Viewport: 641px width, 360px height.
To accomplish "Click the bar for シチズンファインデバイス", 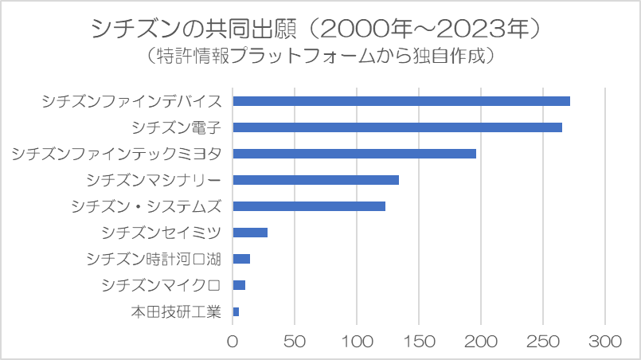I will tap(401, 101).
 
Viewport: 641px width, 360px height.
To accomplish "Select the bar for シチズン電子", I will tap(397, 127).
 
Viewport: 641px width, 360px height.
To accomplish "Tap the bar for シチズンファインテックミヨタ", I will tap(354, 154).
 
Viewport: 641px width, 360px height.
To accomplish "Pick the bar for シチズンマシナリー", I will tap(315, 180).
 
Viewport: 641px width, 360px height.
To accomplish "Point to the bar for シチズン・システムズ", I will tap(309, 206).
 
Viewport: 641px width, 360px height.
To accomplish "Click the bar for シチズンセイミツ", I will tap(250, 233).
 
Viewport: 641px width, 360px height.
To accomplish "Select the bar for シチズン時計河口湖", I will tap(241, 259).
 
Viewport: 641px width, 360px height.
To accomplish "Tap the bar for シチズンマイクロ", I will tap(239, 285).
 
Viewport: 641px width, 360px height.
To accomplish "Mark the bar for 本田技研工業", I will tap(236, 311).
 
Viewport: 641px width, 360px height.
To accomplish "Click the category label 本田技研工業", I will tap(176, 311).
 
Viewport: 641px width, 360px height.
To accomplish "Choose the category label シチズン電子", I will tap(177, 127).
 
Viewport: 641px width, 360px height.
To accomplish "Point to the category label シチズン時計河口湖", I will tap(154, 259).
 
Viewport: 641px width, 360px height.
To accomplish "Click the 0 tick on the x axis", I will tap(233, 342).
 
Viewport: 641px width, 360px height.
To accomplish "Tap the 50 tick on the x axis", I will tap(295, 342).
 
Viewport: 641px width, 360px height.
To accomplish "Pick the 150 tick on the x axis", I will tap(419, 342).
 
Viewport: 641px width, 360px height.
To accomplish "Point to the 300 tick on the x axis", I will tap(605, 342).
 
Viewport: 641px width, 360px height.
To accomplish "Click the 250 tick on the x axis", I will tap(543, 342).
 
